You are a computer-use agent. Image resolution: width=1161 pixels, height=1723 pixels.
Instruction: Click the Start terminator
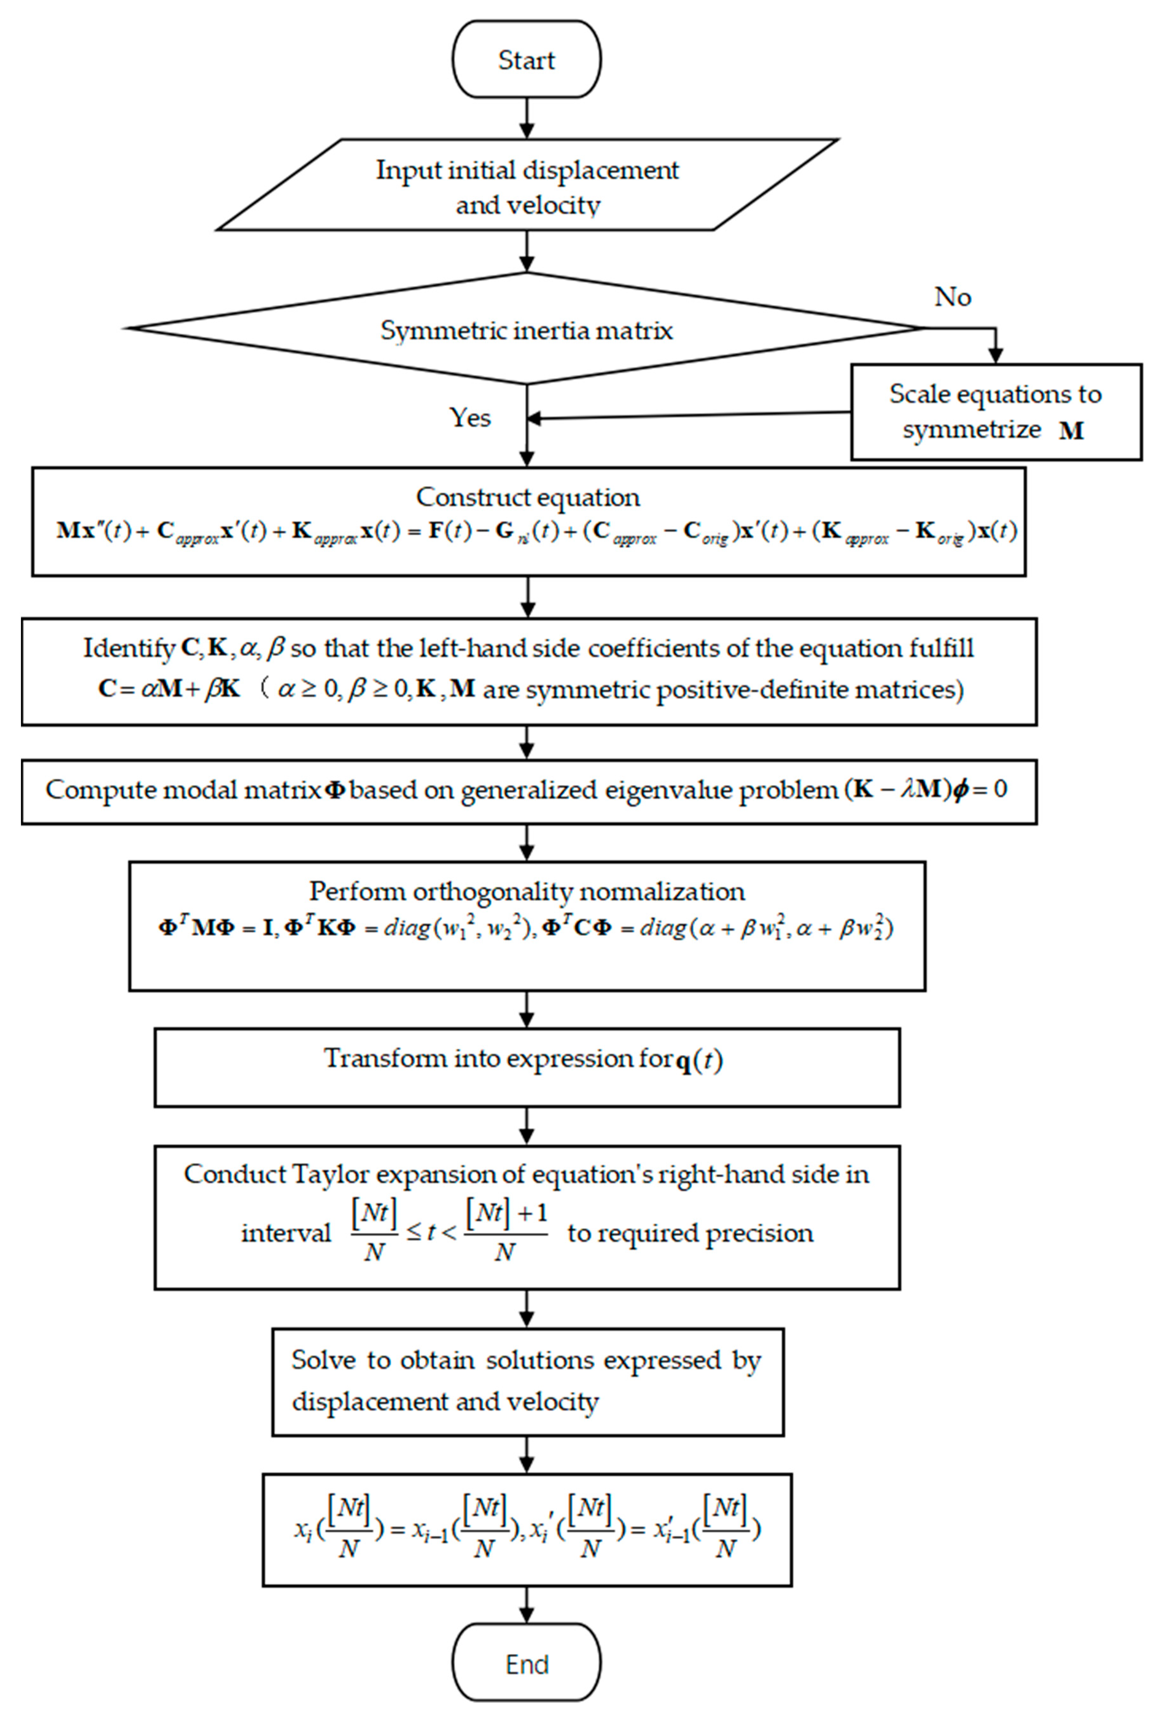click(x=526, y=59)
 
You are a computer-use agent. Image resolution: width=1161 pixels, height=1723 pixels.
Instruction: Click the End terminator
click(x=526, y=1664)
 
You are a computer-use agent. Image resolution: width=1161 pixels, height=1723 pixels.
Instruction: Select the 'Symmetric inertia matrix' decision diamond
click(x=526, y=329)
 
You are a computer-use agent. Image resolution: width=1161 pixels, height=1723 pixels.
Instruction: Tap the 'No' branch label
click(x=952, y=297)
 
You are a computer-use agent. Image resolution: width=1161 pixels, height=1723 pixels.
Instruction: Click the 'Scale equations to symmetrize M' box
click(x=996, y=411)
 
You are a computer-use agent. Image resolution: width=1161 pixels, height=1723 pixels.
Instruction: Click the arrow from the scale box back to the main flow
click(x=689, y=416)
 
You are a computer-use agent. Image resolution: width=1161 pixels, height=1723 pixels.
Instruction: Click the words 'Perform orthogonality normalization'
click(x=526, y=891)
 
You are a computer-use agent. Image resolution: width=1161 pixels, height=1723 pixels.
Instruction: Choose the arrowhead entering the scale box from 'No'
click(x=996, y=355)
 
